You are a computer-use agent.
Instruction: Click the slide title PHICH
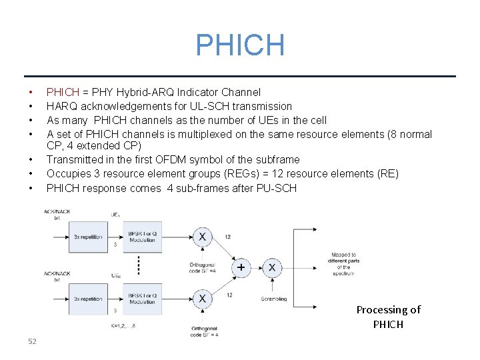[x=240, y=45]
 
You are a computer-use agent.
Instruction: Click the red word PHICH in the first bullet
[x=63, y=92]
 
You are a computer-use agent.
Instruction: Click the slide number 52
[x=32, y=341]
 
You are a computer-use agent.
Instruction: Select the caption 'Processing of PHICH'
[x=388, y=317]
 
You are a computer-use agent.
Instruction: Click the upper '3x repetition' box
[x=87, y=237]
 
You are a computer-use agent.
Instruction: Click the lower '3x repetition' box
[x=87, y=298]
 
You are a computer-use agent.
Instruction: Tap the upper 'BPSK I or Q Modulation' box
[x=142, y=237]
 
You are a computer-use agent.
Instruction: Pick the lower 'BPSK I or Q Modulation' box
[x=142, y=298]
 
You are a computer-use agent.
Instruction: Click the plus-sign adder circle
[x=241, y=267]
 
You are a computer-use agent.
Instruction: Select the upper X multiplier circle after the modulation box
[x=201, y=237]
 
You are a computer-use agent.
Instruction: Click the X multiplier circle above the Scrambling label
[x=272, y=267]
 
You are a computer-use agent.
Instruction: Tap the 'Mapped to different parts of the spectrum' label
[x=344, y=264]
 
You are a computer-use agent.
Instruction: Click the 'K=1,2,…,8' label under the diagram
[x=125, y=326]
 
